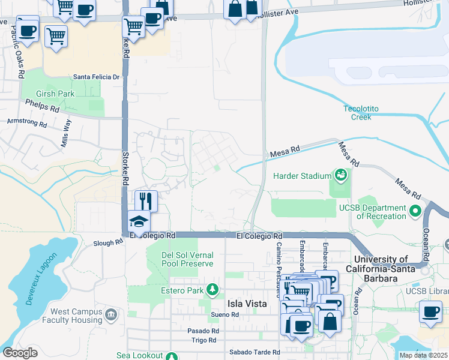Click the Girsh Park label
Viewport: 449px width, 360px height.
tap(55, 94)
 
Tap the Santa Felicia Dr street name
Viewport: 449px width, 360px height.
tap(97, 77)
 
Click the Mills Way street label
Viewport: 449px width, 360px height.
tap(67, 134)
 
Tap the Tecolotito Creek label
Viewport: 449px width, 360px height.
tap(361, 112)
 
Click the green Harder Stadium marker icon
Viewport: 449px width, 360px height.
tap(342, 175)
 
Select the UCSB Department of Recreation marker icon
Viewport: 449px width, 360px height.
tap(415, 211)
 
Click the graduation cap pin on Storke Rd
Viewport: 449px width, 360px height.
tap(139, 221)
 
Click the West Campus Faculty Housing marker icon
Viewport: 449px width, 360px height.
tap(110, 314)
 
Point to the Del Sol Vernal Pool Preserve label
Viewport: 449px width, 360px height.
tap(187, 259)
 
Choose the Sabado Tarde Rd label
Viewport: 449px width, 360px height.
tap(255, 352)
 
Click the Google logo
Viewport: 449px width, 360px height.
tap(20, 353)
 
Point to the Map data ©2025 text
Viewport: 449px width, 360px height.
tap(423, 355)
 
